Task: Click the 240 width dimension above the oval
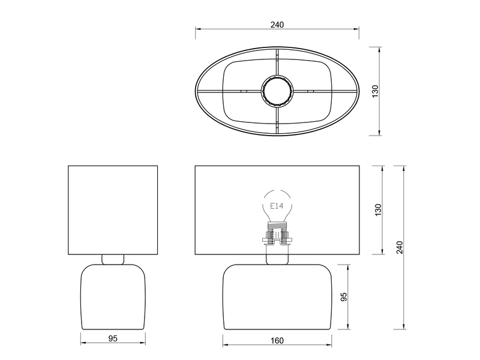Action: [x=277, y=25]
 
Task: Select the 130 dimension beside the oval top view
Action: [x=375, y=91]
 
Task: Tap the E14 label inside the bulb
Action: [x=277, y=206]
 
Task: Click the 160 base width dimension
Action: [x=277, y=340]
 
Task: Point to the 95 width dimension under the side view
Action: [x=113, y=338]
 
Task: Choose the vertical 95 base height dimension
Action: [x=344, y=297]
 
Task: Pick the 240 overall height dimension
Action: [x=400, y=247]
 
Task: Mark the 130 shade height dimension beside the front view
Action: [x=378, y=210]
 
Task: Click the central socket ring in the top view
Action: [x=277, y=91]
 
